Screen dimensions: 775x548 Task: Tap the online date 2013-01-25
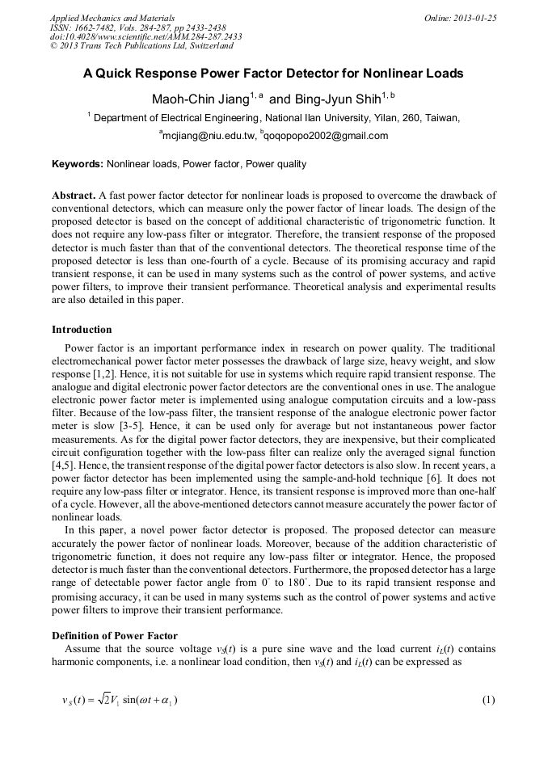(x=471, y=18)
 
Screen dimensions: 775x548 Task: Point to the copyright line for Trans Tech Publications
(x=141, y=46)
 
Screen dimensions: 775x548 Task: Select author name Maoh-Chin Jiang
(x=200, y=99)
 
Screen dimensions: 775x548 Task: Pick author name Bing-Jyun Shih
(x=335, y=99)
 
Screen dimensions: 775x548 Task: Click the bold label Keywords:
(x=78, y=164)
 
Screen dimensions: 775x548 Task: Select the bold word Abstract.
(x=74, y=196)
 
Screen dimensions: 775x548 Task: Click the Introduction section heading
(x=82, y=330)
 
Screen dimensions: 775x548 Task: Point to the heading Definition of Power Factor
(x=115, y=635)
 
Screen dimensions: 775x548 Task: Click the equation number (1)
(x=487, y=699)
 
